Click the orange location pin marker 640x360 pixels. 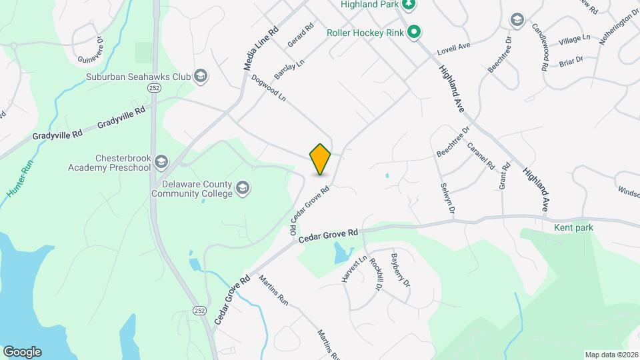(x=321, y=159)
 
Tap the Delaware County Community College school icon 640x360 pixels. (x=243, y=187)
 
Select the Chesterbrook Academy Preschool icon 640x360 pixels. (x=161, y=161)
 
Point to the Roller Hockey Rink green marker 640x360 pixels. (x=414, y=31)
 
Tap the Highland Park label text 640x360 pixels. (x=369, y=4)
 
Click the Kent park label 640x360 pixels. (x=573, y=228)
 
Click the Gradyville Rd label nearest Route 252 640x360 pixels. (x=121, y=117)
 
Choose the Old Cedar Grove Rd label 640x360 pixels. (x=311, y=209)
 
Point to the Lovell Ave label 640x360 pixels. (x=454, y=48)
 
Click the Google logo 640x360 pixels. (x=22, y=351)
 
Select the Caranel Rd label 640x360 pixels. (x=480, y=155)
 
